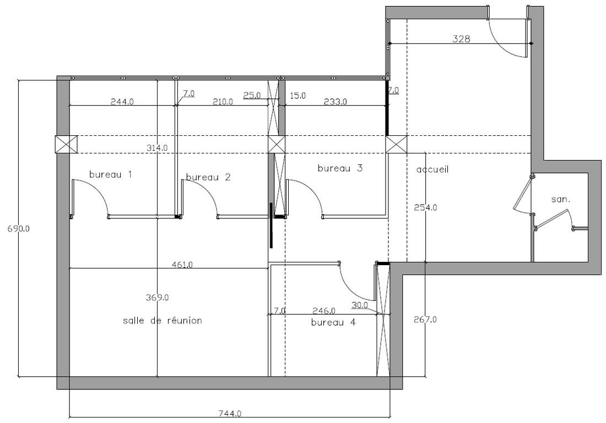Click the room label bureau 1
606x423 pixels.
[x=111, y=174]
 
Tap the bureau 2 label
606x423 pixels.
[x=208, y=177]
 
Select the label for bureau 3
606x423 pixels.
[x=340, y=168]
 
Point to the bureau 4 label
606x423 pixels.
[x=333, y=322]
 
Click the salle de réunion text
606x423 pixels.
[x=163, y=320]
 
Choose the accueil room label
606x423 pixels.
[x=432, y=169]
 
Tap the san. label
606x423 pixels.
[x=561, y=200]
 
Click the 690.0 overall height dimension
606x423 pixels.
[x=19, y=228]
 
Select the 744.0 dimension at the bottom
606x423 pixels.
[x=230, y=413]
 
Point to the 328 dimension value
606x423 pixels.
[x=461, y=39]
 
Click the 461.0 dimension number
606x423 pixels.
[x=182, y=265]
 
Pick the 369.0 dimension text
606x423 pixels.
[x=157, y=298]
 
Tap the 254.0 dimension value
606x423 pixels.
[x=425, y=207]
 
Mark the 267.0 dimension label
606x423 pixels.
[x=425, y=320]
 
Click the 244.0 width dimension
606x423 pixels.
[x=122, y=102]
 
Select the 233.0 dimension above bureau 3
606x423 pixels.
[x=335, y=102]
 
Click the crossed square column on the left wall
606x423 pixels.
[x=66, y=145]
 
